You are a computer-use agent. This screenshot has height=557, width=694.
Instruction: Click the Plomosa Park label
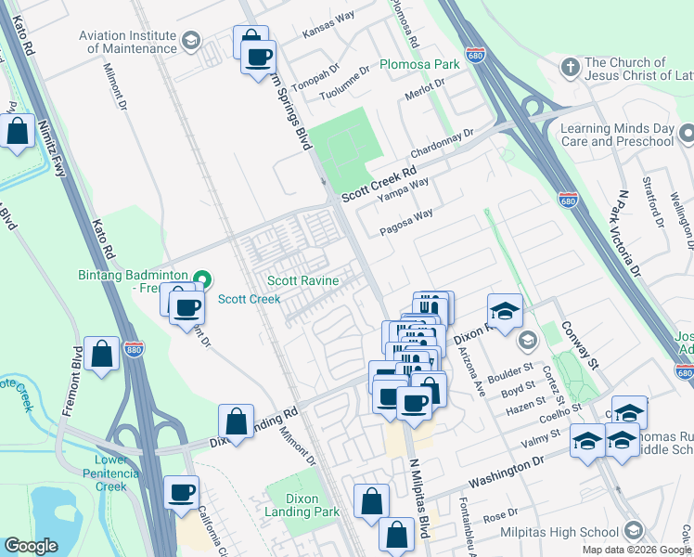[419, 65]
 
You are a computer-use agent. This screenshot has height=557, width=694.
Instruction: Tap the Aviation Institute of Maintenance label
[128, 42]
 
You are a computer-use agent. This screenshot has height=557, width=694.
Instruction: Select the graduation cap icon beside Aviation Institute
[191, 41]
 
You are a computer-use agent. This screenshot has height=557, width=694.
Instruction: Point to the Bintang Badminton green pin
[203, 277]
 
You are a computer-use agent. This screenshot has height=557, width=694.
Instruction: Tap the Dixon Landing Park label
[302, 505]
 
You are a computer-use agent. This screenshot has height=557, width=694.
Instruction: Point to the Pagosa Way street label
[406, 220]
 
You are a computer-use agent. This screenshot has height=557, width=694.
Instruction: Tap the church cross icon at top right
[570, 68]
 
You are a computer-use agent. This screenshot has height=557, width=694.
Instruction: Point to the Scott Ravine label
[303, 280]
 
